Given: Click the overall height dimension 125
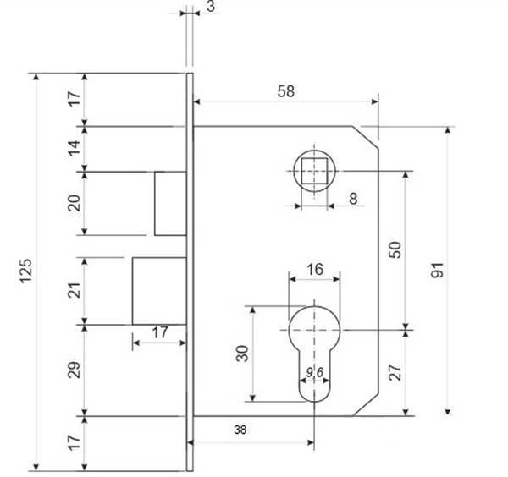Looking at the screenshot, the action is [x=26, y=271].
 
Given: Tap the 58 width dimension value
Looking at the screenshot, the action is [x=286, y=91].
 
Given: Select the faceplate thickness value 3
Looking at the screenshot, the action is [x=211, y=6].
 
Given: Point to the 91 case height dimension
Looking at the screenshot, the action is [x=437, y=270].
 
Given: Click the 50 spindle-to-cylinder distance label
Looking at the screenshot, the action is [x=395, y=249].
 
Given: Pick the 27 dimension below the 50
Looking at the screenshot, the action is [x=395, y=372].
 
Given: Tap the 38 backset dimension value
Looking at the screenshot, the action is [x=240, y=430].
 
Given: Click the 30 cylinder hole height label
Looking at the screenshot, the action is [x=242, y=354].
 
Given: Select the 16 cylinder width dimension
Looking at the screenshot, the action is [x=315, y=269].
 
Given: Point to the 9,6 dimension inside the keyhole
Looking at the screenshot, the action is [x=315, y=372].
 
